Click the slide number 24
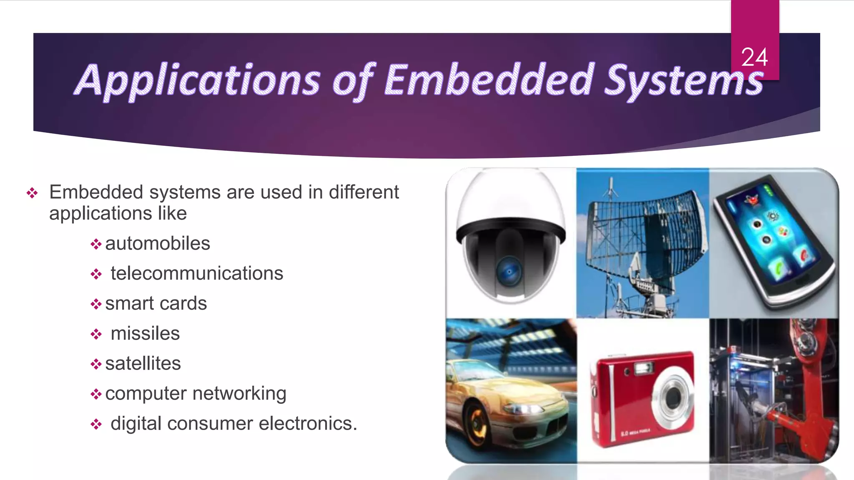754,57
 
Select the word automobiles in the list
157,243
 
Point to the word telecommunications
197,273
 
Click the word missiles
145,333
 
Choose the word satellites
143,363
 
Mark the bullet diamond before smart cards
96,304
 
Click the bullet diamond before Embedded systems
32,192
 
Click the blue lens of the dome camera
509,271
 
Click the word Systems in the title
684,80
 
